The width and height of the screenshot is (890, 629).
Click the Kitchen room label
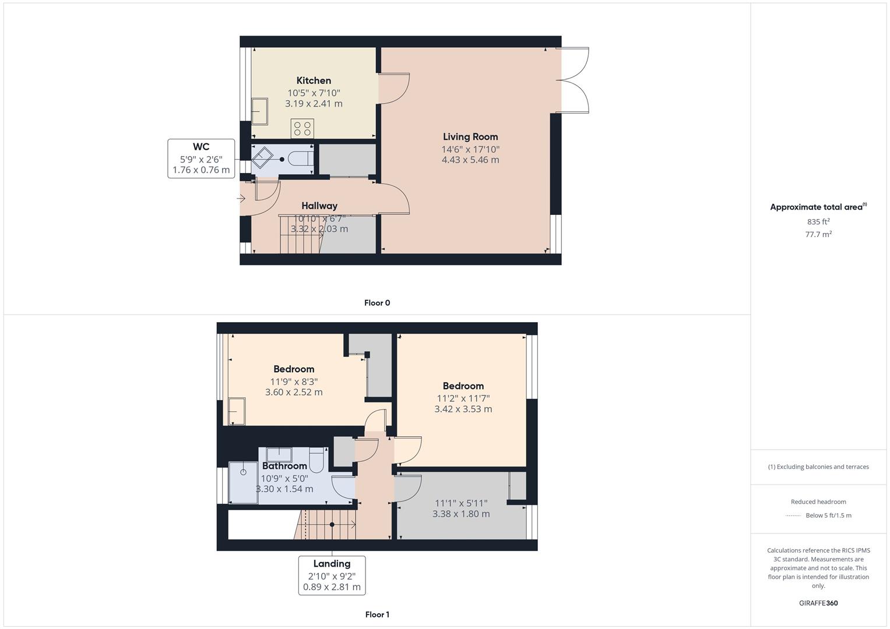314,80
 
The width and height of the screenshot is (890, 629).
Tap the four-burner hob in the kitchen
302,129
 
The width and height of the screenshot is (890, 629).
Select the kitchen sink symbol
259,111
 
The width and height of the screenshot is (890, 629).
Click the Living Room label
470,137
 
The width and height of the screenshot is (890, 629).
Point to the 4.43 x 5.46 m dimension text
470,160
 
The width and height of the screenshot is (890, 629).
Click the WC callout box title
201,147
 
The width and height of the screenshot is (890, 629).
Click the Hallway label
319,206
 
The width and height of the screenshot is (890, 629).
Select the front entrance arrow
241,199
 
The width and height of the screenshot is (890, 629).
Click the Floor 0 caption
377,303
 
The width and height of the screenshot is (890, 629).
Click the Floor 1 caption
377,614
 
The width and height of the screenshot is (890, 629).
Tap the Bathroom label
284,466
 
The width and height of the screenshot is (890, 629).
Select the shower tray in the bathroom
243,482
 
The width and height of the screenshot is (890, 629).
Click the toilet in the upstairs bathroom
316,460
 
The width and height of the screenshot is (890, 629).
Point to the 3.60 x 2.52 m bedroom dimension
294,392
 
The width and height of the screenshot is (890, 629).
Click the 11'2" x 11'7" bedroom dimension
463,398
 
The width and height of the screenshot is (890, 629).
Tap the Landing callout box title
332,564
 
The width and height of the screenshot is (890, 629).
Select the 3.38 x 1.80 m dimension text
461,514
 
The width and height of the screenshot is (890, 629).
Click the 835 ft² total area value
818,222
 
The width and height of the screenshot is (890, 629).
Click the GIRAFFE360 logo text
818,603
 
